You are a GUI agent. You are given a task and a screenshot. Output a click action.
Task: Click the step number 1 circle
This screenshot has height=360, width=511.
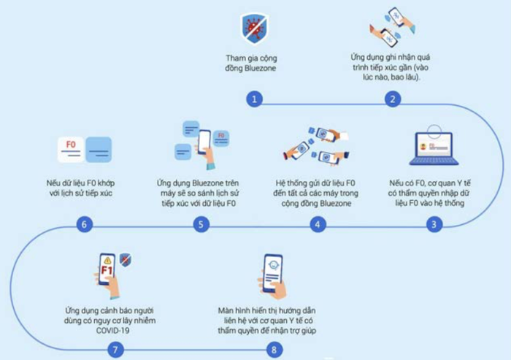pyautogui.click(x=254, y=99)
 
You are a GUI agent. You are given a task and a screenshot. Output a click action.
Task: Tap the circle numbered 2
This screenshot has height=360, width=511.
pyautogui.click(x=393, y=99)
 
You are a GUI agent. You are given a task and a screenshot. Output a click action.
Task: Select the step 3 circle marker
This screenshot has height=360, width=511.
pyautogui.click(x=434, y=224)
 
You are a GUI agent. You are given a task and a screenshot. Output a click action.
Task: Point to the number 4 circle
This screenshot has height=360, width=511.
pyautogui.click(x=318, y=224)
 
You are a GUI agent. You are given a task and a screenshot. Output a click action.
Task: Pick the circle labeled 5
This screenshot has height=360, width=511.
pyautogui.click(x=201, y=224)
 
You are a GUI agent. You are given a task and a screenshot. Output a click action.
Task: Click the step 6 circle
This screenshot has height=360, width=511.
pyautogui.click(x=84, y=224)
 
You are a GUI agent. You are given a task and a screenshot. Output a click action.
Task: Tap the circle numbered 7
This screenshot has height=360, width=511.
pyautogui.click(x=115, y=350)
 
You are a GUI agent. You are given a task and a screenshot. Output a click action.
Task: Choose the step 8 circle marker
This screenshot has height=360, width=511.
pyautogui.click(x=274, y=350)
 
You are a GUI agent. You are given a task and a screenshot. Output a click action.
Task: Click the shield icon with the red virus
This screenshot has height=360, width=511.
pyautogui.click(x=255, y=28)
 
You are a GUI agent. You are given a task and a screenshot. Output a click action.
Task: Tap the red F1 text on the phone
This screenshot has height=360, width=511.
pyautogui.click(x=107, y=270)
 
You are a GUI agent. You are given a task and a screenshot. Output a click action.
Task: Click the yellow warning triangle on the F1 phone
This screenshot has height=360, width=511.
pyautogui.click(x=107, y=260)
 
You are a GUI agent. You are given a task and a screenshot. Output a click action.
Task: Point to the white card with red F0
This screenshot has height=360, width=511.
pyautogui.click(x=71, y=150)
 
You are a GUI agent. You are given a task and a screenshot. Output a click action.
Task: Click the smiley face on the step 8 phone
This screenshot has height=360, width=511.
pyautogui.click(x=273, y=265)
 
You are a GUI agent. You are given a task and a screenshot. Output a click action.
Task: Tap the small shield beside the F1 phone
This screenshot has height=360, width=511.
pyautogui.click(x=126, y=260)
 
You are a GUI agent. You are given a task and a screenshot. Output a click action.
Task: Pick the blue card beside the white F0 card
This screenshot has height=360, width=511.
pyautogui.click(x=99, y=150)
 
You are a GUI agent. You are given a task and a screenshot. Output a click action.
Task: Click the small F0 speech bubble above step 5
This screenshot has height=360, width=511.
pyautogui.click(x=221, y=138)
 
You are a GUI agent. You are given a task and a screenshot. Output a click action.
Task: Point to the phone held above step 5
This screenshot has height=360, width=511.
pyautogui.click(x=204, y=143)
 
